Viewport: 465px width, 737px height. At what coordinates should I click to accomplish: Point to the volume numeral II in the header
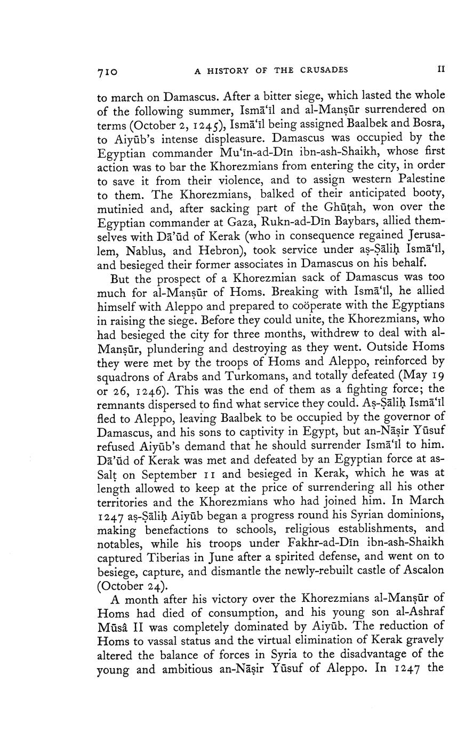(x=440, y=69)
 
